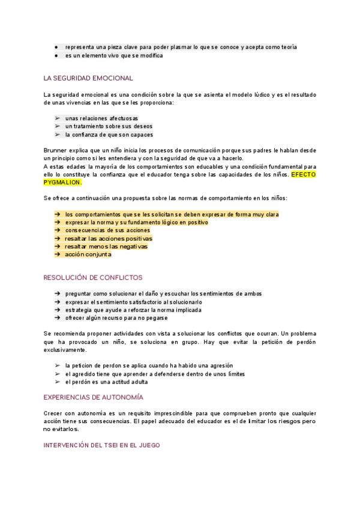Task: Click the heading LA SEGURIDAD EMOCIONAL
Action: (x=88, y=78)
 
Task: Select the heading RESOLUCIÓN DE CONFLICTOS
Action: (x=93, y=278)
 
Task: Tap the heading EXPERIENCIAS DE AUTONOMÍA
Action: (x=94, y=397)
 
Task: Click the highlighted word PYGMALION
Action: (x=62, y=182)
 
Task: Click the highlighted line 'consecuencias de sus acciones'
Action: (x=107, y=230)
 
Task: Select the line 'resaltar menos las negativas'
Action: (x=106, y=246)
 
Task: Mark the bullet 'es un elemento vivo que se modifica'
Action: (x=113, y=55)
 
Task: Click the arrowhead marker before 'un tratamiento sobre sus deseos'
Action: (x=56, y=127)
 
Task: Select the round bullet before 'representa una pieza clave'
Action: (x=56, y=47)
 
